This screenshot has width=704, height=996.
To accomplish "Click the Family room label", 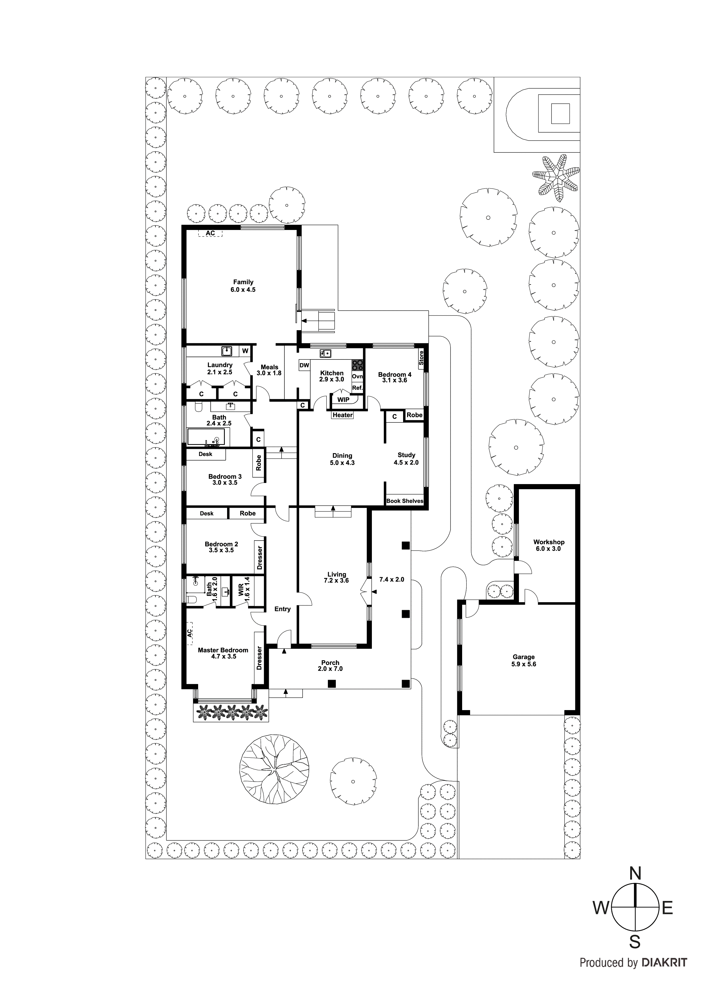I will pyautogui.click(x=243, y=282).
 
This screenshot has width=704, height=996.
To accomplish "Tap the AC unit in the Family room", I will pyautogui.click(x=210, y=233).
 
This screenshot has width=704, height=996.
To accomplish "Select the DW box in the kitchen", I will pyautogui.click(x=305, y=365).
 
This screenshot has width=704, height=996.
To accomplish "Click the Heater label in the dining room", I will pyautogui.click(x=343, y=415).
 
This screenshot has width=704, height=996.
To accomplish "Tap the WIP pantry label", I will pyautogui.click(x=343, y=399).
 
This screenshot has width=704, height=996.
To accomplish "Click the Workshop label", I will pyautogui.click(x=549, y=542).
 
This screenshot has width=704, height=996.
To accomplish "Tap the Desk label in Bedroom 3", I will pyautogui.click(x=206, y=454).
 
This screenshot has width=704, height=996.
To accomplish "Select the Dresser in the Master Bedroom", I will pyautogui.click(x=259, y=658).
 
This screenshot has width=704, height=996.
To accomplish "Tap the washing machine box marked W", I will pyautogui.click(x=245, y=351).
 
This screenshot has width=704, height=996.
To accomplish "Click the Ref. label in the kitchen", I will pyautogui.click(x=357, y=388).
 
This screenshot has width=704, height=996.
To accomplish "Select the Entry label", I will pyautogui.click(x=282, y=609).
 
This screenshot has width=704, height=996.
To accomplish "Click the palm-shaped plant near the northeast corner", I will pyautogui.click(x=556, y=177).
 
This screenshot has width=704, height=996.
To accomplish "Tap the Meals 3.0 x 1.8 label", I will pyautogui.click(x=269, y=370).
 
